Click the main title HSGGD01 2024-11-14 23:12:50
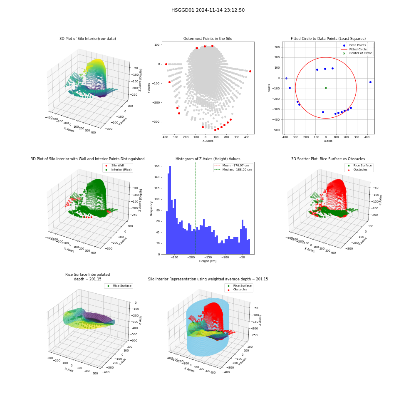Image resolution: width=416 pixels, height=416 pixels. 208,10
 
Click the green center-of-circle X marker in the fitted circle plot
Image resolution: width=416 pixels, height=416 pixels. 326,88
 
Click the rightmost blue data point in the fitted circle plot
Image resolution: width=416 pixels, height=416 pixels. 370,82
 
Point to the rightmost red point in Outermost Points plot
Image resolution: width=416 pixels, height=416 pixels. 250,72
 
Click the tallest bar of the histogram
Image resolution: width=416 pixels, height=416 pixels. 170,210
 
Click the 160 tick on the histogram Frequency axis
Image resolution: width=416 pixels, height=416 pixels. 157,166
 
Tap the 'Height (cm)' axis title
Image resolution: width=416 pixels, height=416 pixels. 208,261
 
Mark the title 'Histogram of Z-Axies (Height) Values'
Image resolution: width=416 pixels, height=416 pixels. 208,159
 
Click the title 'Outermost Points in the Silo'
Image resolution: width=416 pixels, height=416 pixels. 208,39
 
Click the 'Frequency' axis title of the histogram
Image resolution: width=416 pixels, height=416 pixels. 151,208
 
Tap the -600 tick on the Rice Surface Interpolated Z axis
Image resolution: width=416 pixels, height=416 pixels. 134,341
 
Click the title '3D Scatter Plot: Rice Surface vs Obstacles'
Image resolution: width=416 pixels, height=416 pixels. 328,159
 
